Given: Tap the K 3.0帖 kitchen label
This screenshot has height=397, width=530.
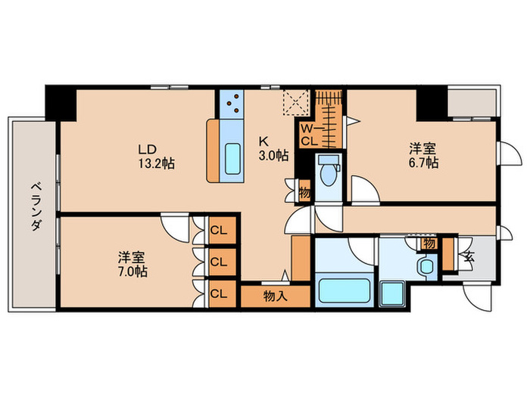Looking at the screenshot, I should tap(273, 148).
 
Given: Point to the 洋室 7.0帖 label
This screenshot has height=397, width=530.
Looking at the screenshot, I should tap(132, 264).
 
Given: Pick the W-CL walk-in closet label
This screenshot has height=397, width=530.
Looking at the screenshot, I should tap(310, 135).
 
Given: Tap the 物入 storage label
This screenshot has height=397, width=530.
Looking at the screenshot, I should tap(275, 296).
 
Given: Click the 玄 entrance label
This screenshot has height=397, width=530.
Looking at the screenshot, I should tap(469, 256).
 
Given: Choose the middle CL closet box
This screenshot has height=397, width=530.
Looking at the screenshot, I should tap(220, 262).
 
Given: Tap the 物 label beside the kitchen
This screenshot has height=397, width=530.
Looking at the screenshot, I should tap(304, 193).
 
